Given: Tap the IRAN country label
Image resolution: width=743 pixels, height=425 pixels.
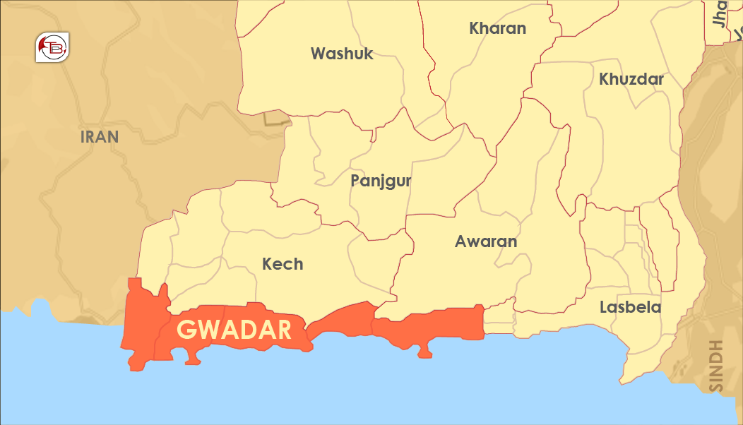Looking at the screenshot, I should (x=100, y=137).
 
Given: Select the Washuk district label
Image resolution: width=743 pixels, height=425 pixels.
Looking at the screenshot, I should (x=342, y=54).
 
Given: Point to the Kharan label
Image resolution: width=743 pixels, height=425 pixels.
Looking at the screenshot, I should (x=497, y=29).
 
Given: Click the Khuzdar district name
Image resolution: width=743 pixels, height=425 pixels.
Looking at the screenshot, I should (x=631, y=79).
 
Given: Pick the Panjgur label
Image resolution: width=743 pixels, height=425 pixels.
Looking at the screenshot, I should (x=381, y=181).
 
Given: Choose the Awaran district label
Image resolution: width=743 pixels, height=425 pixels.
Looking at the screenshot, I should (x=486, y=241).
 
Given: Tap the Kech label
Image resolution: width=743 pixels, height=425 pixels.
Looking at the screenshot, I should (x=283, y=264).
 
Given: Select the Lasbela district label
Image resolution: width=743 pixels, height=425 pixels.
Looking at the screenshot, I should (x=630, y=307).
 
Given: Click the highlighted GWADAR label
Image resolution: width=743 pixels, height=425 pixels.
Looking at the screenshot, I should (x=234, y=330).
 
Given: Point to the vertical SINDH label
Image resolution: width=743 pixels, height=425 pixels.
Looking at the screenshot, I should (x=716, y=366).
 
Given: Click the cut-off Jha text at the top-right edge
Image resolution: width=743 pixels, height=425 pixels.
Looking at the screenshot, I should (x=720, y=13).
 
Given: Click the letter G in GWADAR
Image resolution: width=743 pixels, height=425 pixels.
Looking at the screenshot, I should (x=185, y=330).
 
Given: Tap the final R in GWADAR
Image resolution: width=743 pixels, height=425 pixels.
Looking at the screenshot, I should (x=283, y=330).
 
